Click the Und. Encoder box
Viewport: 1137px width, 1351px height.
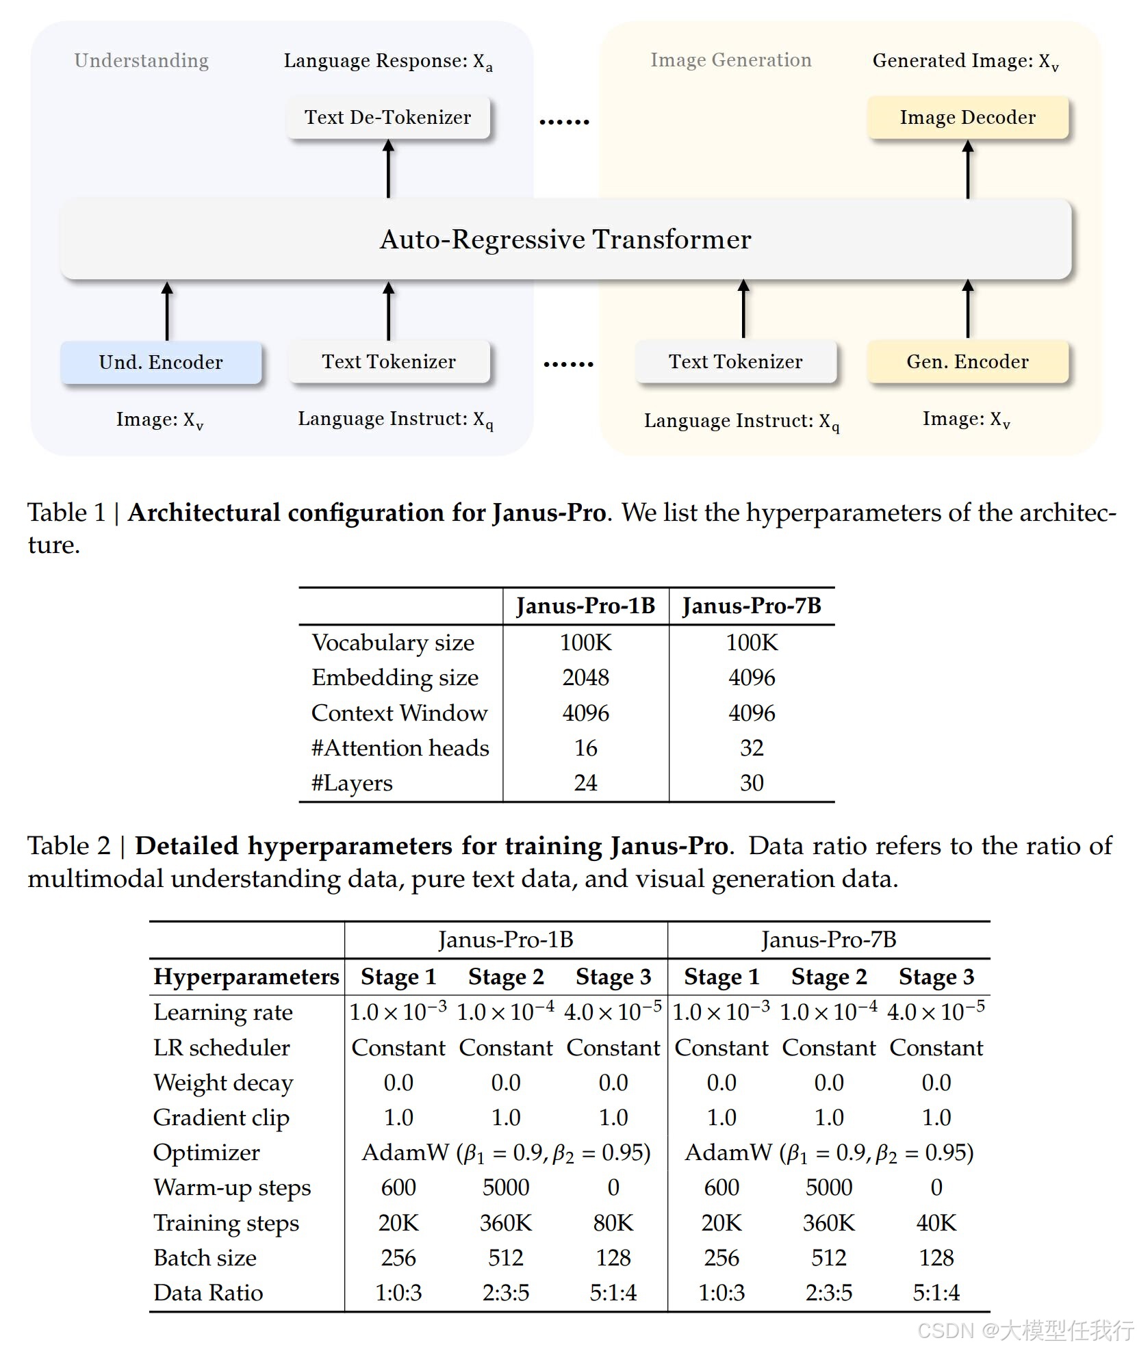(161, 362)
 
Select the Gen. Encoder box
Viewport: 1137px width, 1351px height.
(967, 361)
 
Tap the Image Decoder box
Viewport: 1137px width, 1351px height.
(967, 117)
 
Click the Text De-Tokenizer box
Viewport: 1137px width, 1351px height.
(388, 117)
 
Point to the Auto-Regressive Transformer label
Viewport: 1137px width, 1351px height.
(565, 239)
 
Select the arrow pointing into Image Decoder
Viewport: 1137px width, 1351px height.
(967, 169)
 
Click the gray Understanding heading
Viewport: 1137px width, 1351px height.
(142, 60)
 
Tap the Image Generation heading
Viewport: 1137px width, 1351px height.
(730, 60)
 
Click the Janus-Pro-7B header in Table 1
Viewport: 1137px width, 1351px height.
(752, 606)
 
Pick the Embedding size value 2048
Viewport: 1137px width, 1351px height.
(585, 678)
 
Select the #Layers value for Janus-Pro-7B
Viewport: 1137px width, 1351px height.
(752, 782)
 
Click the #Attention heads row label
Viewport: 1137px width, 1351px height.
(400, 747)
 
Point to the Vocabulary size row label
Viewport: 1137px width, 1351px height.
(393, 643)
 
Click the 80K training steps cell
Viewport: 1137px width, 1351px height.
(613, 1222)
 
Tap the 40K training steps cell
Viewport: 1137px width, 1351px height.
(936, 1222)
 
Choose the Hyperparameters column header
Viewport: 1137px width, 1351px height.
(246, 977)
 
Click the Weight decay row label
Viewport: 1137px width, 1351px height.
(223, 1083)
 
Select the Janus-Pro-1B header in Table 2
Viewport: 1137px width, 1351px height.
(506, 940)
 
